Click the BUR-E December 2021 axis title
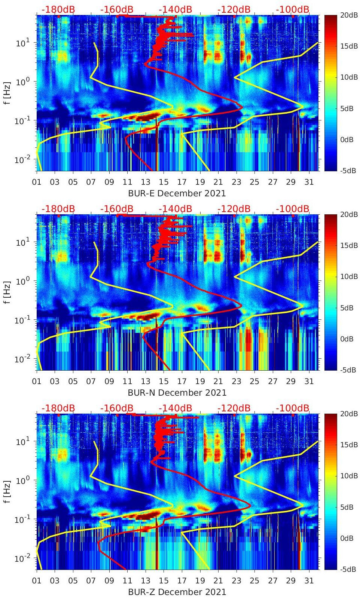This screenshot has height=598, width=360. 177,193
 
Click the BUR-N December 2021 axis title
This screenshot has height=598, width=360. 177,393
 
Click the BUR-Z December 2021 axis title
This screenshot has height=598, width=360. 177,592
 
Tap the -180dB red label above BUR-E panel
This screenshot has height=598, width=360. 58,9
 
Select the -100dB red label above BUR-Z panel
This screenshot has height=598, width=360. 293,408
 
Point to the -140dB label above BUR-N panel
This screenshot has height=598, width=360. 175,209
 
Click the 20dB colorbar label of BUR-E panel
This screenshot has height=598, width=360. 348,15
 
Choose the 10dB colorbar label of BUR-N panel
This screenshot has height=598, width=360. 348,276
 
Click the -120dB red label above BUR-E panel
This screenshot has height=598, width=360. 234,9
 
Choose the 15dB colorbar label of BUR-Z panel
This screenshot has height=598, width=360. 348,445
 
